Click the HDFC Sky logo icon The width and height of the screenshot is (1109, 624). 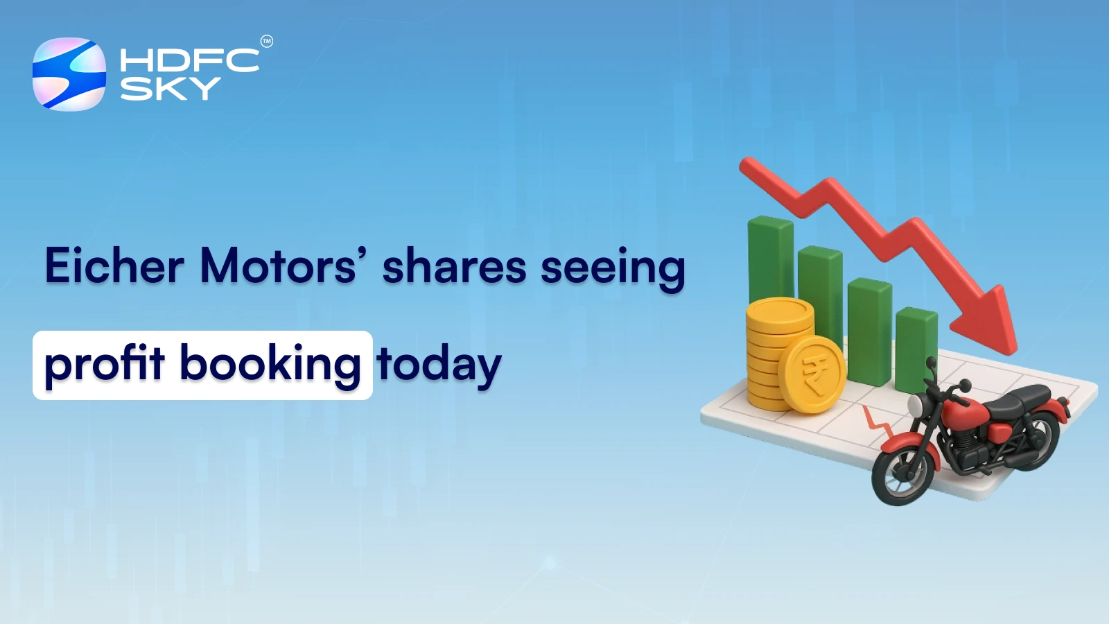click(x=69, y=74)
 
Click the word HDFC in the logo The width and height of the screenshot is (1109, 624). click(x=189, y=60)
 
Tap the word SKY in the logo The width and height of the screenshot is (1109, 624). click(x=170, y=89)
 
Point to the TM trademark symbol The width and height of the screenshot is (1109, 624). click(x=267, y=42)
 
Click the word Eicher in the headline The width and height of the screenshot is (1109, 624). click(x=114, y=266)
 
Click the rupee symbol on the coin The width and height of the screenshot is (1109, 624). click(x=812, y=374)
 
